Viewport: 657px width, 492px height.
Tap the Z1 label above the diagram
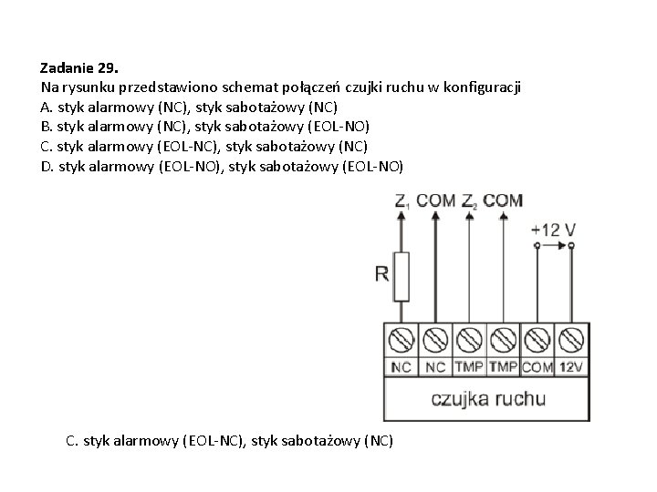point(402,200)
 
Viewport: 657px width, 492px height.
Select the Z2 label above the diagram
point(469,200)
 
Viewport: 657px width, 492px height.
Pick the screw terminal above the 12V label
point(570,341)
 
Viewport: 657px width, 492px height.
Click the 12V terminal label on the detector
point(570,367)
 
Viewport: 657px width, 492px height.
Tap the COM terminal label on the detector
point(537,367)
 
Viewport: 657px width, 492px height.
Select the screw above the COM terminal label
point(537,341)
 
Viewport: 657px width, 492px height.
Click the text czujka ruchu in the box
point(488,398)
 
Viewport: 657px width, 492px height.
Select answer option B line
point(205,126)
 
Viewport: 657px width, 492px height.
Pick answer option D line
point(221,166)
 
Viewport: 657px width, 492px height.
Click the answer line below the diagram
point(230,441)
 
